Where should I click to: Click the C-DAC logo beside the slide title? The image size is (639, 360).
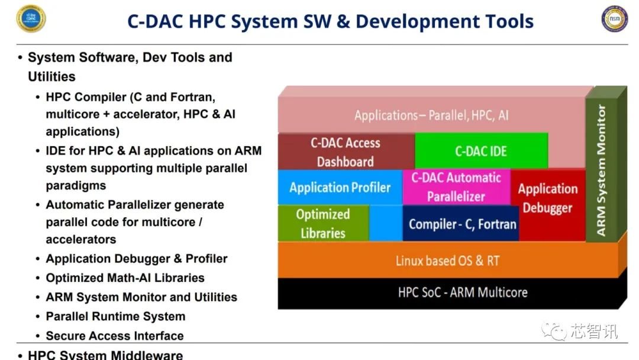coord(31,18)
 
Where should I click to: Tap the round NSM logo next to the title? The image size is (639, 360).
coord(615,19)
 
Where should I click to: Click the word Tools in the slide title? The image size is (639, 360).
coord(509,21)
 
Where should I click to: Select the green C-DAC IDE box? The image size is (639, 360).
coord(481,151)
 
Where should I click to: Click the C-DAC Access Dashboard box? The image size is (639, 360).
coord(346,152)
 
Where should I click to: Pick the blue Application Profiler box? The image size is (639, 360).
coord(340,187)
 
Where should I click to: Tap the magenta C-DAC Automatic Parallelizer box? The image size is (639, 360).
coord(456,187)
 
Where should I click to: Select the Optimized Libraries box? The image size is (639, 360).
coord(324,223)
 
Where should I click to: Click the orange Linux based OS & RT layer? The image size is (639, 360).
coord(448,261)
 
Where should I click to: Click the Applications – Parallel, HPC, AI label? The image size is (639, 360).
coord(431,115)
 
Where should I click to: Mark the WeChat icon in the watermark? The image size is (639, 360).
coord(553,330)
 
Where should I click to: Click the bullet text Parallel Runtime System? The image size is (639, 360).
coord(115,316)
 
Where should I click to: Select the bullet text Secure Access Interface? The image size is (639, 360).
coord(115,336)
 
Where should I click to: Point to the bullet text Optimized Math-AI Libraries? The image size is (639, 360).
coord(125,278)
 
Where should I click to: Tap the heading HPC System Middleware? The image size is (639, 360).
coord(105,355)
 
